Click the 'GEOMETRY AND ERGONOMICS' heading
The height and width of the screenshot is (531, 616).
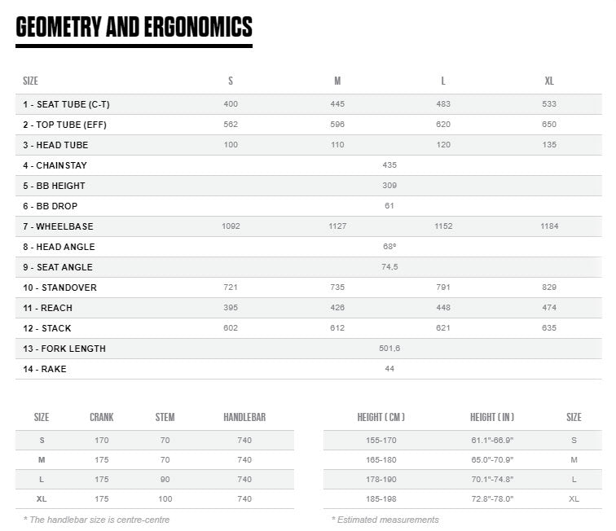click(x=134, y=27)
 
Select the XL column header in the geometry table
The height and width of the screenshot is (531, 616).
click(x=549, y=81)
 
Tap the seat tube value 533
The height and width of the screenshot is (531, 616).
click(x=549, y=104)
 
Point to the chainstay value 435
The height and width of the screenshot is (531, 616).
click(x=389, y=165)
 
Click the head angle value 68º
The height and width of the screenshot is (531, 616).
click(x=389, y=247)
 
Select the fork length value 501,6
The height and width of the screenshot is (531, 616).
click(x=389, y=349)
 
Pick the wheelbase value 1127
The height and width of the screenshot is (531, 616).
click(x=337, y=226)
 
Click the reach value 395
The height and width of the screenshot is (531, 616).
click(x=231, y=308)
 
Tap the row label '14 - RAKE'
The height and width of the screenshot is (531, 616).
click(x=45, y=369)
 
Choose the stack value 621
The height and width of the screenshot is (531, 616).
click(x=443, y=328)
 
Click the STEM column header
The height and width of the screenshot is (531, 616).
click(x=165, y=418)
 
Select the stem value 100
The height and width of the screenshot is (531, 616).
click(x=165, y=498)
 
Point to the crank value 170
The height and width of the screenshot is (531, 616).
click(x=102, y=440)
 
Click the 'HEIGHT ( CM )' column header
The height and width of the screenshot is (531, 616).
click(x=381, y=418)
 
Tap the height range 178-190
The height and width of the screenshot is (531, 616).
click(x=381, y=479)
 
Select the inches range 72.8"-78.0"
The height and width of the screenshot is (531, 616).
click(x=492, y=498)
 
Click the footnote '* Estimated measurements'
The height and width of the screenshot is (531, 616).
click(x=385, y=520)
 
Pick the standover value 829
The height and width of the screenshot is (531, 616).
click(x=549, y=287)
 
